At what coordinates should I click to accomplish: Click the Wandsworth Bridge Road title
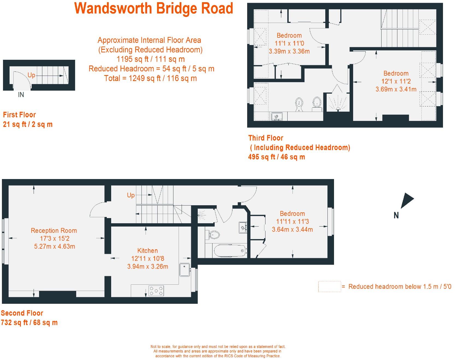click(154, 8)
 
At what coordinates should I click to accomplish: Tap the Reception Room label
click(54, 231)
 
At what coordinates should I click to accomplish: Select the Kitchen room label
click(147, 251)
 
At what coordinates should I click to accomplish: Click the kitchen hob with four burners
click(156, 291)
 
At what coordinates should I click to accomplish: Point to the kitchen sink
click(185, 270)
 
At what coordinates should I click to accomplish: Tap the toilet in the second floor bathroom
click(214, 234)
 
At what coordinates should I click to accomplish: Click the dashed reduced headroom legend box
click(329, 287)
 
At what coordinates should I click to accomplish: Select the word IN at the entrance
click(21, 95)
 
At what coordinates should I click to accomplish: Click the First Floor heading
click(19, 115)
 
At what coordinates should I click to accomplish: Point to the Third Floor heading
click(266, 138)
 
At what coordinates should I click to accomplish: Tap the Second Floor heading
click(22, 313)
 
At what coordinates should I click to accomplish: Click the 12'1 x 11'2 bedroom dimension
click(396, 81)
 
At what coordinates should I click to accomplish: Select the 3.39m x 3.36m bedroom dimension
click(289, 51)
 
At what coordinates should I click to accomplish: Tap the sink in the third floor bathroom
click(277, 117)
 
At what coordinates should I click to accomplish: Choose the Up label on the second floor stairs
click(131, 195)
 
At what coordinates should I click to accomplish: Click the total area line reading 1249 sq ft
click(150, 78)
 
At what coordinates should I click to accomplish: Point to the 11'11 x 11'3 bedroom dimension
click(292, 222)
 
